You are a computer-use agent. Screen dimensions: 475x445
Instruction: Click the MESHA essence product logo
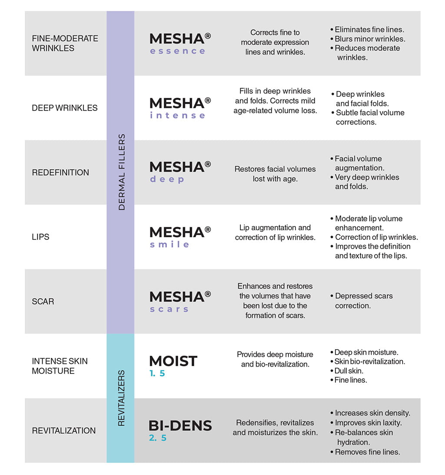point(180,43)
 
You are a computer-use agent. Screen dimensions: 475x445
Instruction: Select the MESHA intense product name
point(180,108)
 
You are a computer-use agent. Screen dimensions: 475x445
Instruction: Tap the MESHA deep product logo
point(180,172)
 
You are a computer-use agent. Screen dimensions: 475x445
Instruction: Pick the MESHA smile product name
point(180,237)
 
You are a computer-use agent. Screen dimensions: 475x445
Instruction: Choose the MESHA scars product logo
point(180,301)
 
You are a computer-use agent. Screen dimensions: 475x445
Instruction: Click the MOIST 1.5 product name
point(173,366)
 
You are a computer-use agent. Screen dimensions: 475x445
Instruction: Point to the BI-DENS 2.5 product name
point(180,430)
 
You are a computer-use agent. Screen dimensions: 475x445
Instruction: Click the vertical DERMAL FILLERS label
point(122,172)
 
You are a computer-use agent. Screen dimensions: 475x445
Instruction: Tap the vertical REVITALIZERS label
point(122,398)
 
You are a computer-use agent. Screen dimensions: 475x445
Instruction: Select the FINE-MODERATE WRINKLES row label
point(65,43)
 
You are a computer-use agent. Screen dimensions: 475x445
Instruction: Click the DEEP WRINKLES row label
point(65,108)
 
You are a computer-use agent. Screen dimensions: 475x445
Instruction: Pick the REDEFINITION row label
point(60,173)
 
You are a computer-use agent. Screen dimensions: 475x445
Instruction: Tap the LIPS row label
point(41,237)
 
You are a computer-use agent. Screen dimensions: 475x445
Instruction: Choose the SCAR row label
point(43,301)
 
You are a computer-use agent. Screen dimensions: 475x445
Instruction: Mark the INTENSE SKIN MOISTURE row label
point(60,366)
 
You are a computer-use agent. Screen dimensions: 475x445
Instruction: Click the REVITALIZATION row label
point(64,431)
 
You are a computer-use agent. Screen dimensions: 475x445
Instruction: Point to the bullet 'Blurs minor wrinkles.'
point(370,39)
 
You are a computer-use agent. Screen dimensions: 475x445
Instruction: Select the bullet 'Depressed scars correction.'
point(363,301)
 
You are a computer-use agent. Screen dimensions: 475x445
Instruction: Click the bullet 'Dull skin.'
point(349,371)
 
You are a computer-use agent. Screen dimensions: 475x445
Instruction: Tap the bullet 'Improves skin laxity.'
point(368,423)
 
